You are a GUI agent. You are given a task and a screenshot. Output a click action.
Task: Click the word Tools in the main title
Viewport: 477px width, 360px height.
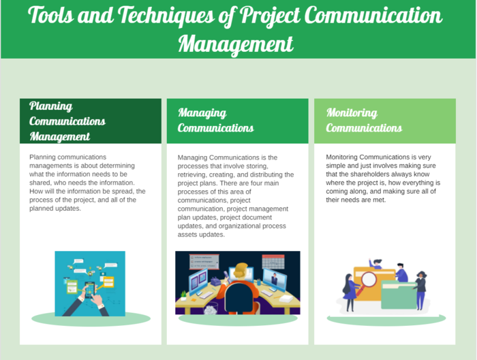51,15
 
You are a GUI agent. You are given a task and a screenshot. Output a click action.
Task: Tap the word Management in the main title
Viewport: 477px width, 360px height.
236,44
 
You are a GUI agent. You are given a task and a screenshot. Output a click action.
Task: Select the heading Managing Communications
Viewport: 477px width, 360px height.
216,120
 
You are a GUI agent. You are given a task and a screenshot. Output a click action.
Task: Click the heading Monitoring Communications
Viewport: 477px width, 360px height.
364,120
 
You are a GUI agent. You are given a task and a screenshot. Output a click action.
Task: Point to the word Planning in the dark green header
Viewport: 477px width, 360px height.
51,106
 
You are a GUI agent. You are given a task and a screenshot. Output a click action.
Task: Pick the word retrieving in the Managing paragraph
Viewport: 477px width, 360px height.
192,175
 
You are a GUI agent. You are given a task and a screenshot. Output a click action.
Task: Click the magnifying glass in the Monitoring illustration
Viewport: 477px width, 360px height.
367,282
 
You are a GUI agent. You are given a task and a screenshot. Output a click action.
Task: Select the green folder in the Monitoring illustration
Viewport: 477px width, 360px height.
399,295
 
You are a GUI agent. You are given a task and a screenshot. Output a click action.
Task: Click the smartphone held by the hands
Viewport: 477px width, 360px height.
90,290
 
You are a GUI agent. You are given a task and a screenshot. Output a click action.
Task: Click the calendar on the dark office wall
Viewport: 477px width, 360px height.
273,261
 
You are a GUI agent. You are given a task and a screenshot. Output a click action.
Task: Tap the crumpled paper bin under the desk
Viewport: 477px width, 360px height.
211,308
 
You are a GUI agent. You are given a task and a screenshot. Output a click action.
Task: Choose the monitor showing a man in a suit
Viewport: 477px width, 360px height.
275,280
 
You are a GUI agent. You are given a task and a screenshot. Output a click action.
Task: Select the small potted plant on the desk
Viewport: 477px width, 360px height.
183,295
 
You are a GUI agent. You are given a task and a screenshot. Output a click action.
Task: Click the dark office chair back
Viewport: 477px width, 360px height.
239,299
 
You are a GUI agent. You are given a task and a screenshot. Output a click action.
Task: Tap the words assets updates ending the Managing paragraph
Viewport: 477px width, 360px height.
201,235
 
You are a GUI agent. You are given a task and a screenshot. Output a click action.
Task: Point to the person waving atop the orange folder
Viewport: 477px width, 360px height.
375,264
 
